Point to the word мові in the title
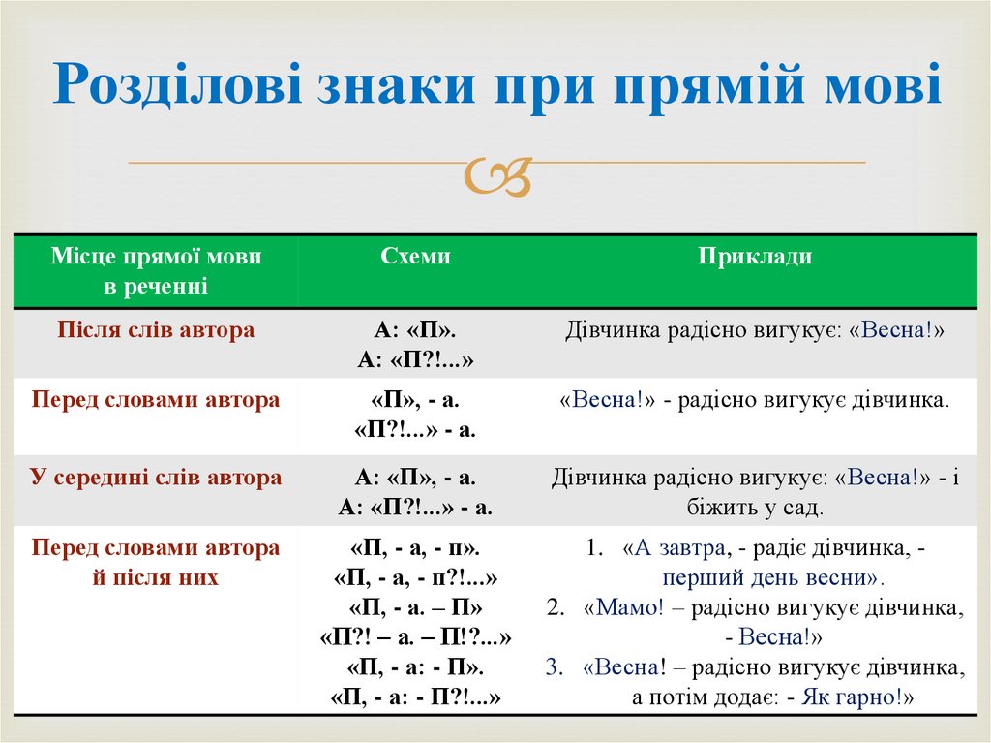point(883,84)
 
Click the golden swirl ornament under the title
point(498,176)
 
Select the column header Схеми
point(415,256)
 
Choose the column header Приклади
point(755,256)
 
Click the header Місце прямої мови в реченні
point(156,270)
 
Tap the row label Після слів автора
point(156,329)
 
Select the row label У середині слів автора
point(156,477)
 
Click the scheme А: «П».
point(415,329)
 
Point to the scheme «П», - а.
point(415,400)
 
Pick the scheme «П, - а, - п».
point(415,547)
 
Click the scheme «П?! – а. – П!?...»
point(415,636)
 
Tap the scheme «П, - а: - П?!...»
point(415,697)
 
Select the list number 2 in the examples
point(555,607)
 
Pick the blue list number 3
point(554,667)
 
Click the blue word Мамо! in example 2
point(629,607)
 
